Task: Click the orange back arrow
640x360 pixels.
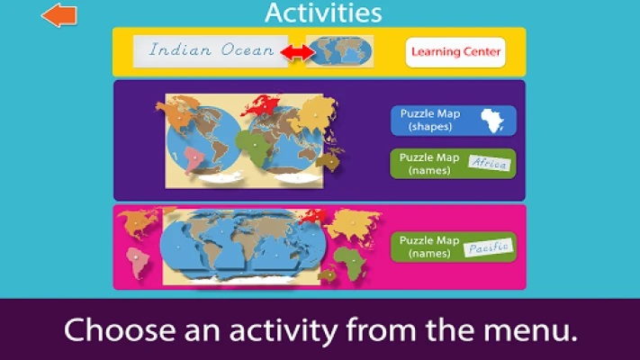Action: point(59,15)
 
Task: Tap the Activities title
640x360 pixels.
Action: point(323,13)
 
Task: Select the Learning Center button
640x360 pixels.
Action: point(455,52)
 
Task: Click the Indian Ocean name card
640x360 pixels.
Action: point(211,51)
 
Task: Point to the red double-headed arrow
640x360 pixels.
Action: point(298,52)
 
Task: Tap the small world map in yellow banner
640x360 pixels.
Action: point(339,51)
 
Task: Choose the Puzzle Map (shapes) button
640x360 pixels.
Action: point(453,121)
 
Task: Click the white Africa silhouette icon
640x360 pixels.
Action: point(492,121)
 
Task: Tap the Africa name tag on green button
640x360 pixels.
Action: point(490,163)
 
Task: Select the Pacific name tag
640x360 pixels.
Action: point(489,247)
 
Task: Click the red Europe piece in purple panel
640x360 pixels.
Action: point(261,104)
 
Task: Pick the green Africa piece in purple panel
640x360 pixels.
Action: point(254,148)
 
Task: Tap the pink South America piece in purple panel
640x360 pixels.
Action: point(194,160)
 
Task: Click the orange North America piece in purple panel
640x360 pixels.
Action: point(177,115)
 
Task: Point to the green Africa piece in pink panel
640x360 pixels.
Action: point(351,264)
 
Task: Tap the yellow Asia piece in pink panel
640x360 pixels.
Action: point(354,227)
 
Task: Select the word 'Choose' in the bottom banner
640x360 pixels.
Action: point(120,329)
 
